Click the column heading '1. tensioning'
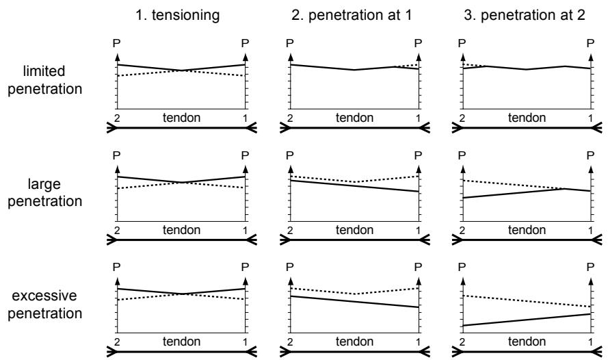click(x=178, y=16)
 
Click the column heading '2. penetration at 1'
click(x=352, y=16)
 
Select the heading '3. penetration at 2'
click(x=525, y=16)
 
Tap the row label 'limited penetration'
click(x=44, y=80)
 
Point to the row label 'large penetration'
click(x=44, y=192)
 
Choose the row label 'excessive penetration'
click(x=44, y=305)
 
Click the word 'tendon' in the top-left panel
click(x=181, y=118)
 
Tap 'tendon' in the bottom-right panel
click(x=527, y=342)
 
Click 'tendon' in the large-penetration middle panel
click(x=354, y=230)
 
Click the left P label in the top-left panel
click(x=117, y=43)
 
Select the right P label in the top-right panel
click(x=590, y=43)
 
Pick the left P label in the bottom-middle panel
click(x=290, y=267)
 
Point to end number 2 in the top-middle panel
click(x=290, y=118)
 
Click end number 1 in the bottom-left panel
click(x=245, y=342)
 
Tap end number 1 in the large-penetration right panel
click(x=590, y=230)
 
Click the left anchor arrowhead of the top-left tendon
click(x=111, y=127)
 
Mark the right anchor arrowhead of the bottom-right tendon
click(x=596, y=352)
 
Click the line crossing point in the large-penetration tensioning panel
click(x=181, y=182)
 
